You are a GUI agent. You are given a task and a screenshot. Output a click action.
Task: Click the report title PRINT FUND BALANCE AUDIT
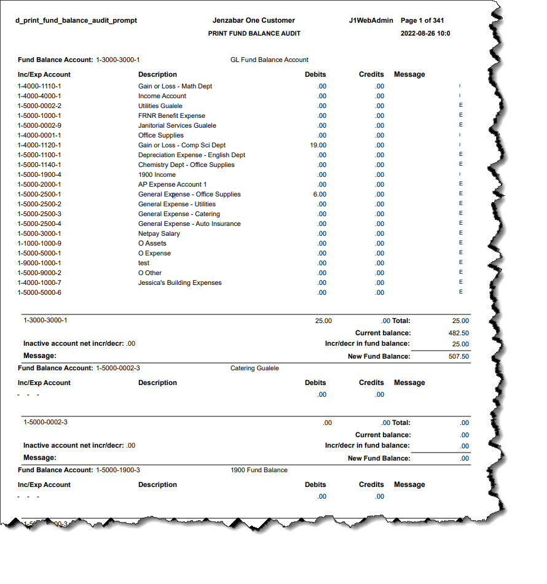click(254, 33)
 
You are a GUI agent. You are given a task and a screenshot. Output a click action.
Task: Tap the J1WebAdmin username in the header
click(368, 20)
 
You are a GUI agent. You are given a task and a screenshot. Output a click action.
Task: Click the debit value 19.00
click(318, 145)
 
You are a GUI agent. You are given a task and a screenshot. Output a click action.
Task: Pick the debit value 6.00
click(320, 194)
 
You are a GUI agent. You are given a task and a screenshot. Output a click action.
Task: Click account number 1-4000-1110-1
click(39, 86)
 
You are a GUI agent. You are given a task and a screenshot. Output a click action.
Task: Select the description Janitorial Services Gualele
click(177, 125)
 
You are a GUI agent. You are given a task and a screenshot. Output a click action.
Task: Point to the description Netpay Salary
click(159, 233)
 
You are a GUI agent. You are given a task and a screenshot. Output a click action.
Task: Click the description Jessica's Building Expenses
click(179, 282)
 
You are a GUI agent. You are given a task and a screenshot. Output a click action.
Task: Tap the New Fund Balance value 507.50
click(458, 356)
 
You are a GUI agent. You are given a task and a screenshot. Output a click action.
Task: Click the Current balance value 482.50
click(458, 333)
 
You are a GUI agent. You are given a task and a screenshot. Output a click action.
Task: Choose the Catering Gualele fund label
click(254, 368)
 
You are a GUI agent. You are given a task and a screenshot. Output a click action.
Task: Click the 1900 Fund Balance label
click(259, 470)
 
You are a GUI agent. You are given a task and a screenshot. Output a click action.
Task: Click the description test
click(144, 263)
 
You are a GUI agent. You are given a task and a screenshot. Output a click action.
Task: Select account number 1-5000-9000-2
click(39, 273)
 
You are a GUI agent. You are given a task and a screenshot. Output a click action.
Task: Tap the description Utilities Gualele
click(160, 106)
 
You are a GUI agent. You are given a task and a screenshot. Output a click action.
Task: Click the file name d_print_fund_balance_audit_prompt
click(76, 20)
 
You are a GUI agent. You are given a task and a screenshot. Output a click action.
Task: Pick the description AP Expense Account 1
click(172, 184)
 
